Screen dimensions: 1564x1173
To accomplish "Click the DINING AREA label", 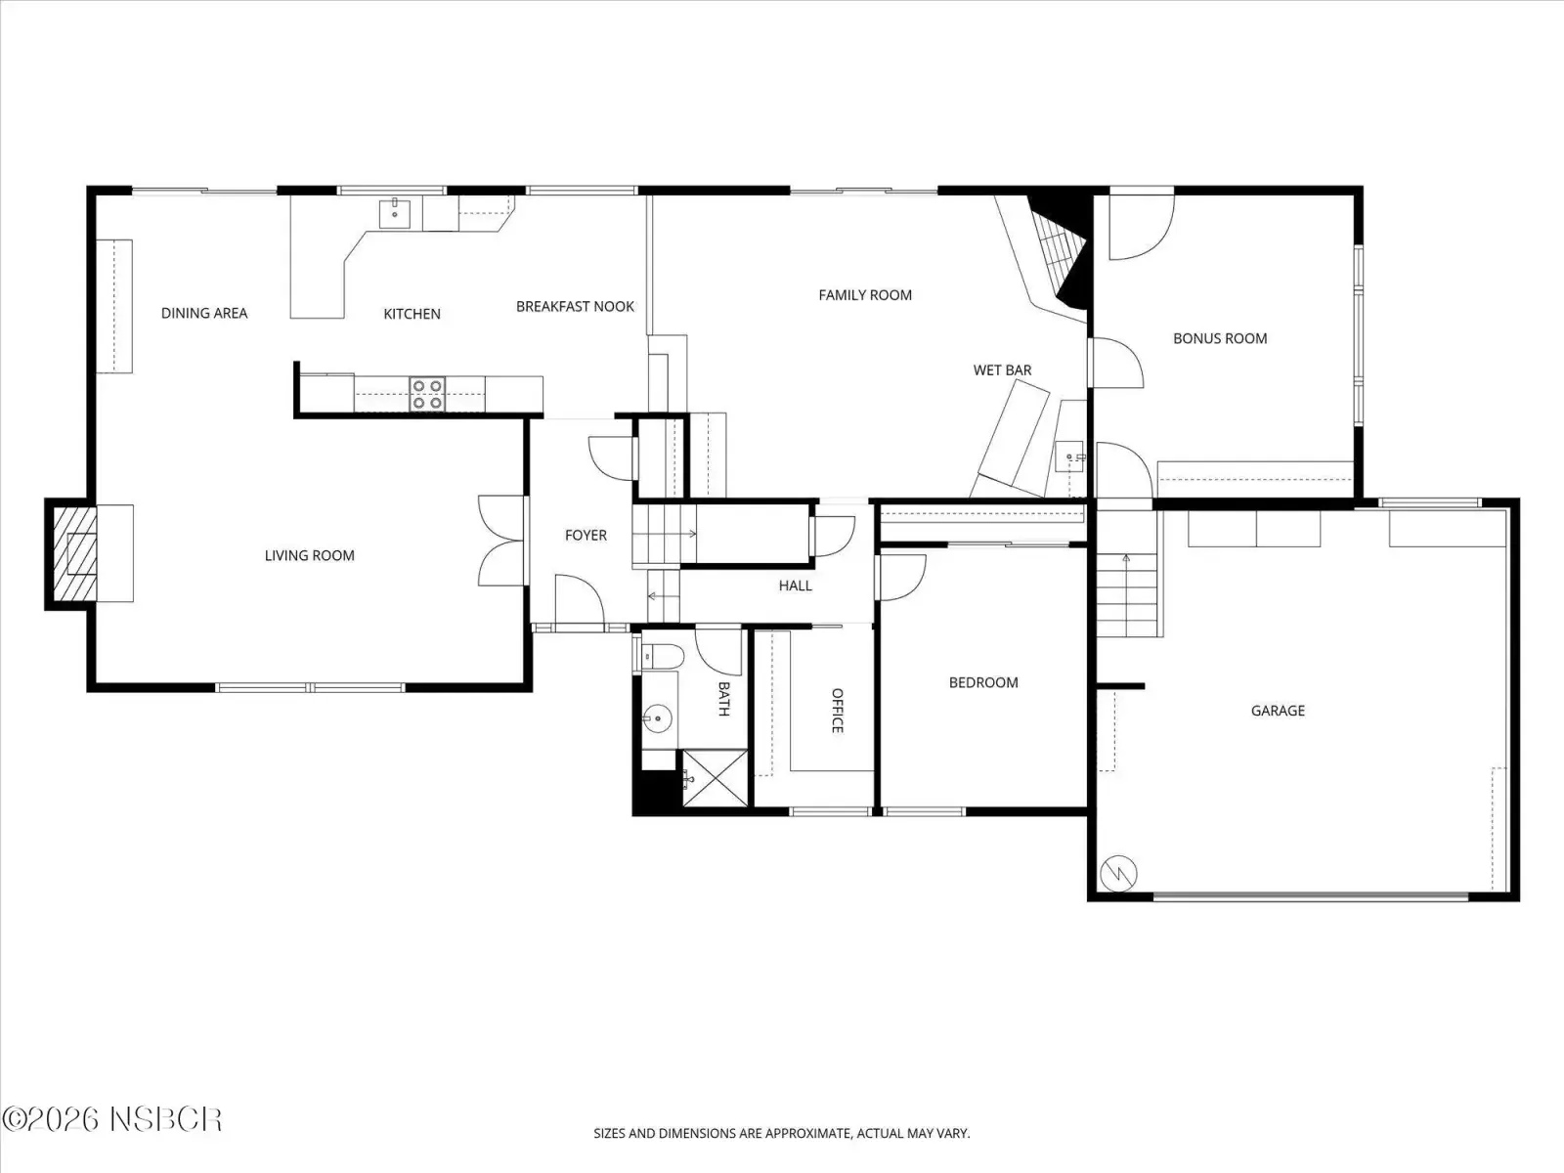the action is tap(203, 313).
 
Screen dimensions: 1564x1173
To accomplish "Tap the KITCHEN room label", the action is tap(412, 314).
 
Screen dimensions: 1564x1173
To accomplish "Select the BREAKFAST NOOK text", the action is tap(575, 306).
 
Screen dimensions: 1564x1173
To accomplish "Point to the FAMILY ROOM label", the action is tap(865, 295).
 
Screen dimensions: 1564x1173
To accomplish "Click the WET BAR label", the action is tap(1003, 369).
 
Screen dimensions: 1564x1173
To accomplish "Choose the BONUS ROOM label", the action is tap(1220, 338).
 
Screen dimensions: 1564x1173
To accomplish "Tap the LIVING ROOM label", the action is tap(309, 555).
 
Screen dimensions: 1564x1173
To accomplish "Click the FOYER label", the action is tap(586, 535).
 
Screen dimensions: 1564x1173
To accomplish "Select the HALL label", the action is tap(795, 586).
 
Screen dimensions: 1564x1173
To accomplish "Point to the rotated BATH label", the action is tap(724, 699).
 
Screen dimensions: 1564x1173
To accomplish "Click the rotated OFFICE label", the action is tap(837, 710).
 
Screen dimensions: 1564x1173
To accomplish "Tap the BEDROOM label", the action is tap(983, 682).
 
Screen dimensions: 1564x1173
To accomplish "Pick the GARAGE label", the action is tap(1278, 710).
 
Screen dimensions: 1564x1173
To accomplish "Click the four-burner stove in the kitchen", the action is tap(427, 394).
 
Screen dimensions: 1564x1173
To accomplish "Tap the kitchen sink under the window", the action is tap(394, 213).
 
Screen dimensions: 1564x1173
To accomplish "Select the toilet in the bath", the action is tap(663, 656).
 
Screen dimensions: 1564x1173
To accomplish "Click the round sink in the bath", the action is tap(657, 718).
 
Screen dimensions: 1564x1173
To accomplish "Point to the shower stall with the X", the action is tap(715, 778).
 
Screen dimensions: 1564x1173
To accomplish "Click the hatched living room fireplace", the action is tap(74, 553).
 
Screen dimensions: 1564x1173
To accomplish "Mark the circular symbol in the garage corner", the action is tap(1118, 873).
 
